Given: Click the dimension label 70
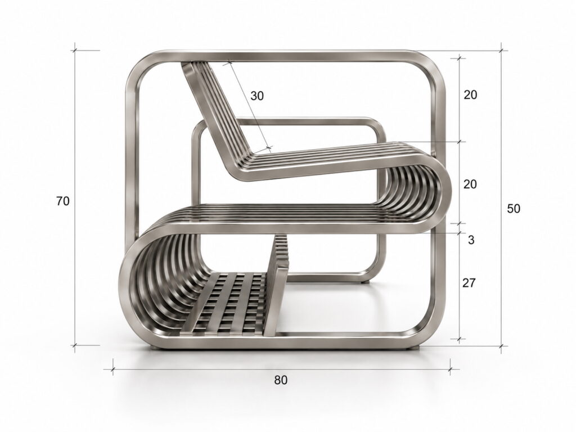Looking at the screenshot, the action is pos(63,201).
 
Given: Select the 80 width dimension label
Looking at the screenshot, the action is pos(281,380).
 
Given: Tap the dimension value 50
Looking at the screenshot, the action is pos(514,209).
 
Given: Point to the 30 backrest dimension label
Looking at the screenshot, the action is pos(257,96).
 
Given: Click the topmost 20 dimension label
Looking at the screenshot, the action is pos(470,94).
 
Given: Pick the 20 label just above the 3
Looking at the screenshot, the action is pos(470,184).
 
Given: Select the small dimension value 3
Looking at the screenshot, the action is pos(471,240).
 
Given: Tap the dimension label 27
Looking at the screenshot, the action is pos(469,283).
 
